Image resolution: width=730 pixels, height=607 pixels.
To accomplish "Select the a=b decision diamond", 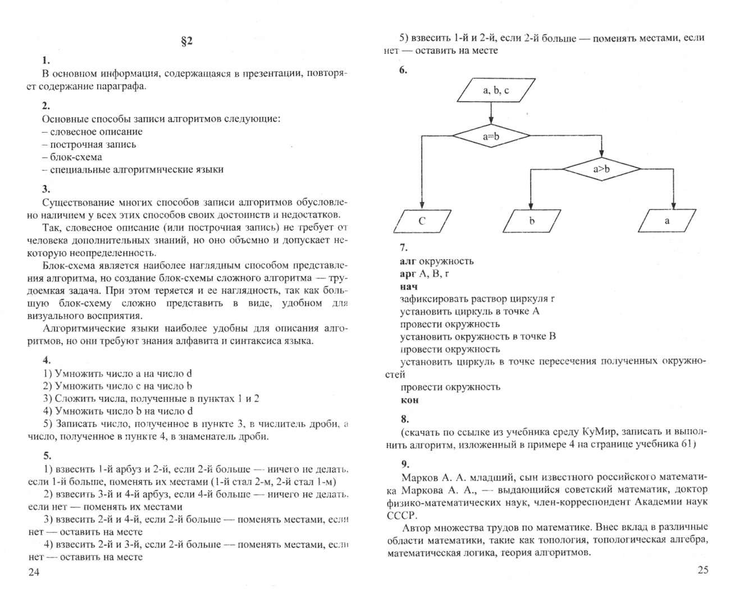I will tap(491, 136).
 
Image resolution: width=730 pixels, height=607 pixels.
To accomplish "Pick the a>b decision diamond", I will tap(601, 169).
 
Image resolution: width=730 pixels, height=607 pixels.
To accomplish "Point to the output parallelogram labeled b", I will tap(531, 221).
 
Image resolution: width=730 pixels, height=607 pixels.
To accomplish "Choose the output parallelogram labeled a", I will tap(667, 221).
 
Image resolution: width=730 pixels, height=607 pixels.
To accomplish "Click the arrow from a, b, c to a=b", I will tap(491, 114).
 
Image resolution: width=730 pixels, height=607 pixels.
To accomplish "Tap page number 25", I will tap(702, 570).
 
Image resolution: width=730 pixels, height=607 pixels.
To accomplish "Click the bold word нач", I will tap(408, 287).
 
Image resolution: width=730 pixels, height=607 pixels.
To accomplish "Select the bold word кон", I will tap(409, 400).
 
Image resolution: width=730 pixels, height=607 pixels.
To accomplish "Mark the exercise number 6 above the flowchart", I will tap(403, 71).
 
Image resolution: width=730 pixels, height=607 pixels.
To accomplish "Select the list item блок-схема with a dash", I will tap(72, 157).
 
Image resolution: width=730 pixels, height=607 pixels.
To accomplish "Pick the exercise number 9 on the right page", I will tap(404, 464).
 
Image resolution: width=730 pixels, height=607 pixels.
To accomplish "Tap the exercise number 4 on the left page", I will tap(47, 361).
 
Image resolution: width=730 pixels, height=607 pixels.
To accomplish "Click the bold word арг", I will tap(408, 274).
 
